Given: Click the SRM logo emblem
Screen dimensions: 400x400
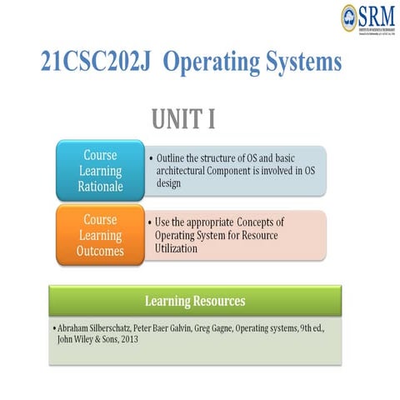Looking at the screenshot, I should pyautogui.click(x=348, y=16).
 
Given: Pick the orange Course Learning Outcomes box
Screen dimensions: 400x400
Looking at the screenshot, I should pyautogui.click(x=102, y=235).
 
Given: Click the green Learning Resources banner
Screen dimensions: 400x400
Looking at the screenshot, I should pyautogui.click(x=195, y=300).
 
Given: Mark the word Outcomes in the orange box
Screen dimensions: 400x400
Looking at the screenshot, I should pyautogui.click(x=102, y=251).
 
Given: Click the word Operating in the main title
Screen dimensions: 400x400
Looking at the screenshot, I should pyautogui.click(x=207, y=62).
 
